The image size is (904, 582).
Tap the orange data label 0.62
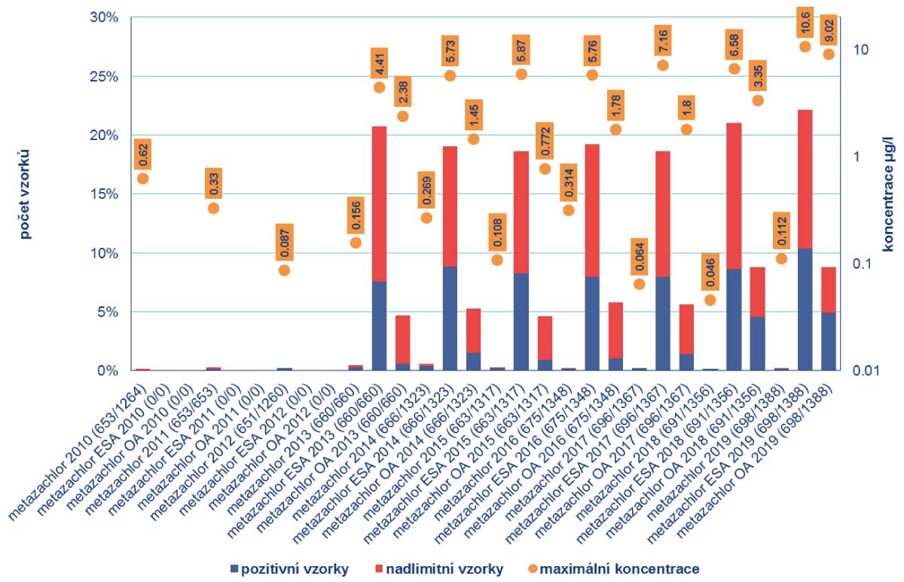[x=142, y=154]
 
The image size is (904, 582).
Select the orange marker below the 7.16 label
[x=663, y=66]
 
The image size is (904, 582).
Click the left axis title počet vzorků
[x=26, y=194]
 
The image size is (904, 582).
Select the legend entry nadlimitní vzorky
[x=444, y=568]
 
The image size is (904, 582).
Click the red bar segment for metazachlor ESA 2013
[x=379, y=203]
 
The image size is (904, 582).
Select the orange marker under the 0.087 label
[x=284, y=270]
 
